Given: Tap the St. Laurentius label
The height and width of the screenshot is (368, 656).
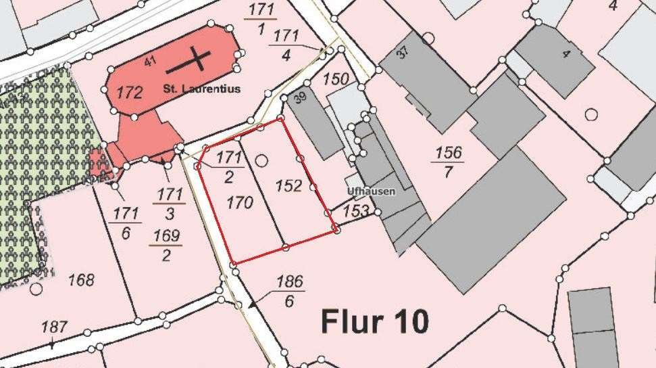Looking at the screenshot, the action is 201,89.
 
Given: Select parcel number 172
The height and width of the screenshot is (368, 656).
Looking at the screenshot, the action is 129,93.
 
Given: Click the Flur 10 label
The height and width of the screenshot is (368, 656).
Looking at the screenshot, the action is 374,321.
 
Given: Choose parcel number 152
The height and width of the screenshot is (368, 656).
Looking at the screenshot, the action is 288,185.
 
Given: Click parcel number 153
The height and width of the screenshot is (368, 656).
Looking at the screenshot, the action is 356,211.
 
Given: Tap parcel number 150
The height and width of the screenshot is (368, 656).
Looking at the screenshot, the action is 336,78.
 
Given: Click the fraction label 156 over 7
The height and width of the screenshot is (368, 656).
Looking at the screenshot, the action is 448,162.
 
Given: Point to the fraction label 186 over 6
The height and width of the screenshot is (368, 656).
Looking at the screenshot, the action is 289,291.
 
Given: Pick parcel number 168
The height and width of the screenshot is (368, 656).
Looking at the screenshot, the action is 81,279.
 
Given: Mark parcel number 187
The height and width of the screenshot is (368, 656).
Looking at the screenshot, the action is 54,327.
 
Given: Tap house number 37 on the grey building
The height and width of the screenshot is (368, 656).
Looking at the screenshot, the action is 403,53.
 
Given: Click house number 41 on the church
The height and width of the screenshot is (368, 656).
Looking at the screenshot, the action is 150,62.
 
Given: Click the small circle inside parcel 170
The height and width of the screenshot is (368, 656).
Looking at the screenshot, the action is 261,160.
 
